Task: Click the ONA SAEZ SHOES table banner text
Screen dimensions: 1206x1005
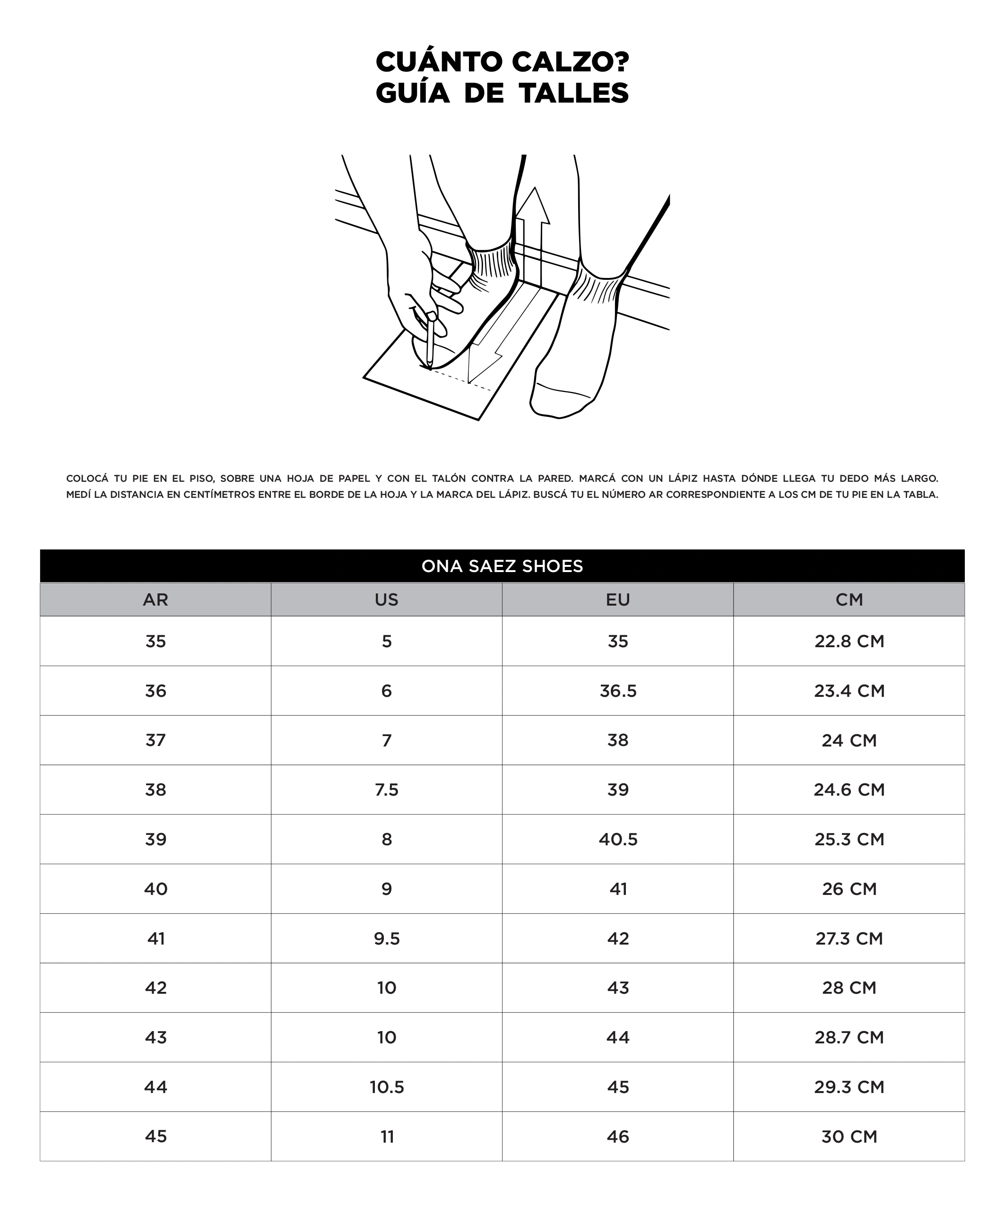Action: click(502, 566)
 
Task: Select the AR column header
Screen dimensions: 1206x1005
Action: click(155, 599)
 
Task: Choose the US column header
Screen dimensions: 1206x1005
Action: click(387, 599)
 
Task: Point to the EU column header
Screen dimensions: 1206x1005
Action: click(618, 599)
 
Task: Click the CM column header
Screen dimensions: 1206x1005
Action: click(849, 599)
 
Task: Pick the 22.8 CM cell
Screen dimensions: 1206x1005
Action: click(849, 642)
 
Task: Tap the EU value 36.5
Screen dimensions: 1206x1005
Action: click(618, 691)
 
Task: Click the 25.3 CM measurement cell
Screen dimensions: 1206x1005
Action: click(849, 839)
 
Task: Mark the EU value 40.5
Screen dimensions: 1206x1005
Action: click(618, 839)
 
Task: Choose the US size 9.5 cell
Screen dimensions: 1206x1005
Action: click(387, 938)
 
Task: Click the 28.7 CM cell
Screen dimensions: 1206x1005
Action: click(849, 1037)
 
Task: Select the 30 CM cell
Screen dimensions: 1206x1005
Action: click(849, 1137)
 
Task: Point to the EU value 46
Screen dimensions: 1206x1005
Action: click(618, 1137)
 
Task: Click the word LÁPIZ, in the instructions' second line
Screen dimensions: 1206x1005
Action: click(511, 495)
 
